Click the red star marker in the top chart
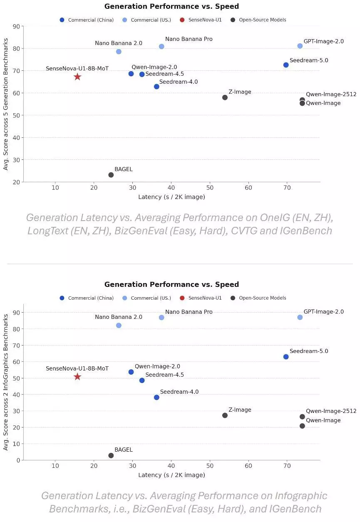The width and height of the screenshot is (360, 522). point(77,77)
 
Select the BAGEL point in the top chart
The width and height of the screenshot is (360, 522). point(111,175)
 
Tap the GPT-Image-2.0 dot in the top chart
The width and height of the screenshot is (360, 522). point(300,46)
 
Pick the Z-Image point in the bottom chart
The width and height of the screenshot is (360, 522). point(225,415)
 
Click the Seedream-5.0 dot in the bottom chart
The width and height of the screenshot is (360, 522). point(286,357)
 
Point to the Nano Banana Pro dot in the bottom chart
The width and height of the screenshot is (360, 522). point(161,318)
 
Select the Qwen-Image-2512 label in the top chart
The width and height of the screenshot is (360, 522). point(331,94)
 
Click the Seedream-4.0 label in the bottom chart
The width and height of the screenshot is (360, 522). point(179,392)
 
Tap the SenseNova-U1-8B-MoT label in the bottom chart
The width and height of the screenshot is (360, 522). point(77,368)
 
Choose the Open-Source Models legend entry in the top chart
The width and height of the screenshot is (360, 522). point(262,20)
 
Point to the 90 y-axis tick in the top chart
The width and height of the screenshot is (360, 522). point(16,26)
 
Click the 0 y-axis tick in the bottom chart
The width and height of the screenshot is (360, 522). point(18,460)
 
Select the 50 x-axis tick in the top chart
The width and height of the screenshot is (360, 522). point(210,188)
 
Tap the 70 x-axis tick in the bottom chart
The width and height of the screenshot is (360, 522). point(287,466)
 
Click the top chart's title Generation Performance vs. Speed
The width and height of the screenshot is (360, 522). point(171,6)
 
